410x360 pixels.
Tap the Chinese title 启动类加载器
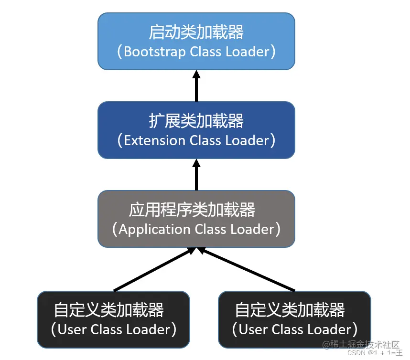(x=196, y=32)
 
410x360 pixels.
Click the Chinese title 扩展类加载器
(x=196, y=121)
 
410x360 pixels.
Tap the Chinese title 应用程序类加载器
(x=192, y=210)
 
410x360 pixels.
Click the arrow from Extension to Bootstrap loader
(x=196, y=86)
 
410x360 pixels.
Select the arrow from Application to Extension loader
(x=196, y=175)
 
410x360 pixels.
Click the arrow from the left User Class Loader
(x=153, y=270)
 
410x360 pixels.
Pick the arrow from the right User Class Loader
(x=246, y=270)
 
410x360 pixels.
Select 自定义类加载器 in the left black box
(x=109, y=310)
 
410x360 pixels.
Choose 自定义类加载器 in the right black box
(x=290, y=310)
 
